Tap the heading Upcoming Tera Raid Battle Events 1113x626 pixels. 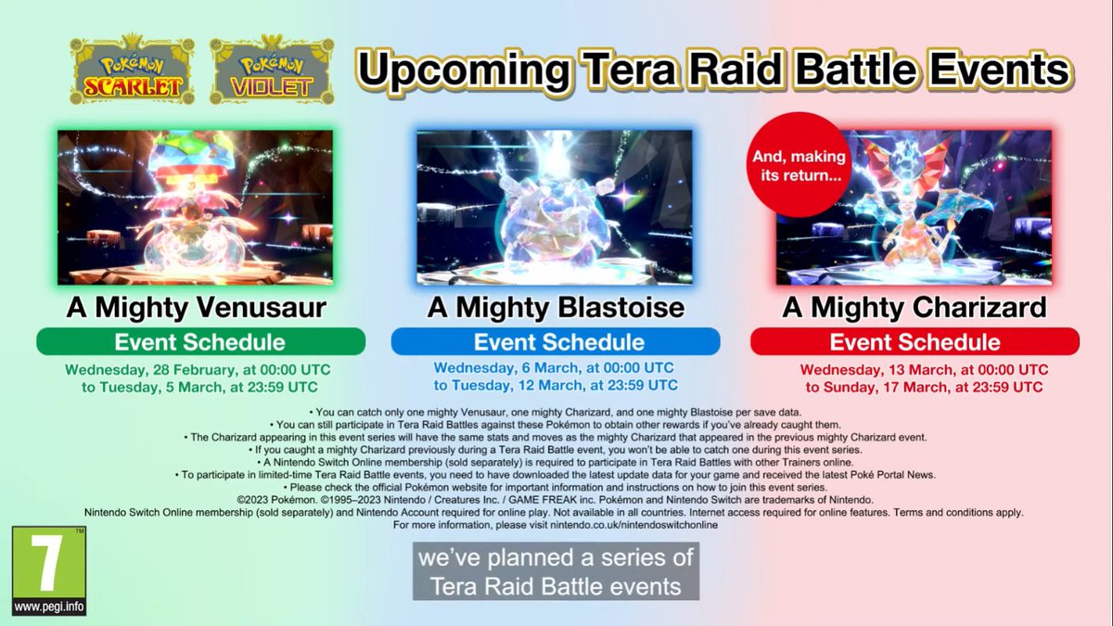[x=714, y=70]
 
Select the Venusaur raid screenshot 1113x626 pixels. [x=195, y=207]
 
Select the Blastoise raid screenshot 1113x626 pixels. [x=554, y=207]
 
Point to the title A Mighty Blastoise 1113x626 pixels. [x=556, y=308]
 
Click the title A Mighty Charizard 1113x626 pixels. [x=915, y=308]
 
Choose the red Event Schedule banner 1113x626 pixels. [x=915, y=341]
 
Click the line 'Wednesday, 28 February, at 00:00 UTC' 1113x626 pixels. [x=198, y=369]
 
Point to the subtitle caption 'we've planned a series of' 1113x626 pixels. [x=556, y=560]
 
